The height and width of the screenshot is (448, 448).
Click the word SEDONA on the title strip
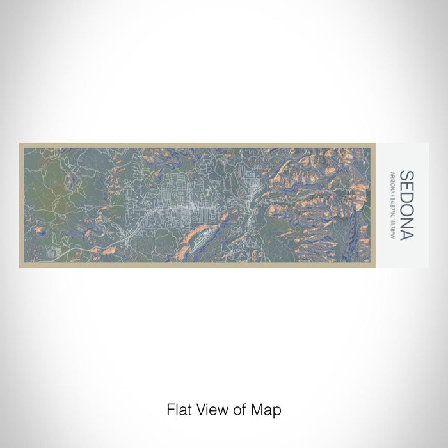[x=406, y=205]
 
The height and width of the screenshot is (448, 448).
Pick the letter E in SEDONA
[x=406, y=186]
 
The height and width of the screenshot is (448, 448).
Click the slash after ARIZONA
[x=392, y=194]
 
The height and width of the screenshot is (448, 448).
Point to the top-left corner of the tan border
[x=20, y=144]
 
